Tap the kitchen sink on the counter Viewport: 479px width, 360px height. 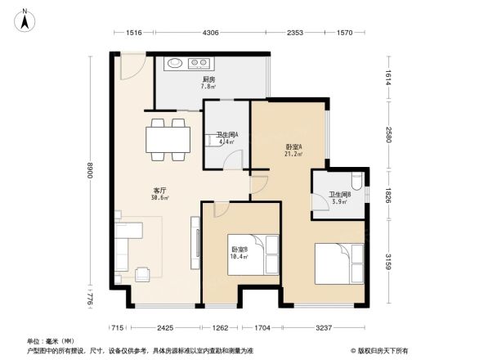[176, 63]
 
